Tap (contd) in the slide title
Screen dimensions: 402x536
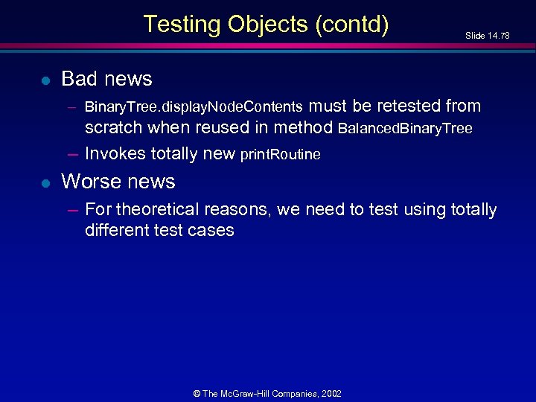(352, 25)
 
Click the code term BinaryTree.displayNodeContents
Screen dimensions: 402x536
(194, 106)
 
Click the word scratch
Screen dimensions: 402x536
(114, 127)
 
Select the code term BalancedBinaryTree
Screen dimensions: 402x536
(405, 128)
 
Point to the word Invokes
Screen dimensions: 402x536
(115, 153)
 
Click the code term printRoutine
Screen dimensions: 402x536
(281, 155)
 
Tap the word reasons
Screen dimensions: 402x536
(246, 211)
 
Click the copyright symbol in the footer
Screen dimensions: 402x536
(197, 393)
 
